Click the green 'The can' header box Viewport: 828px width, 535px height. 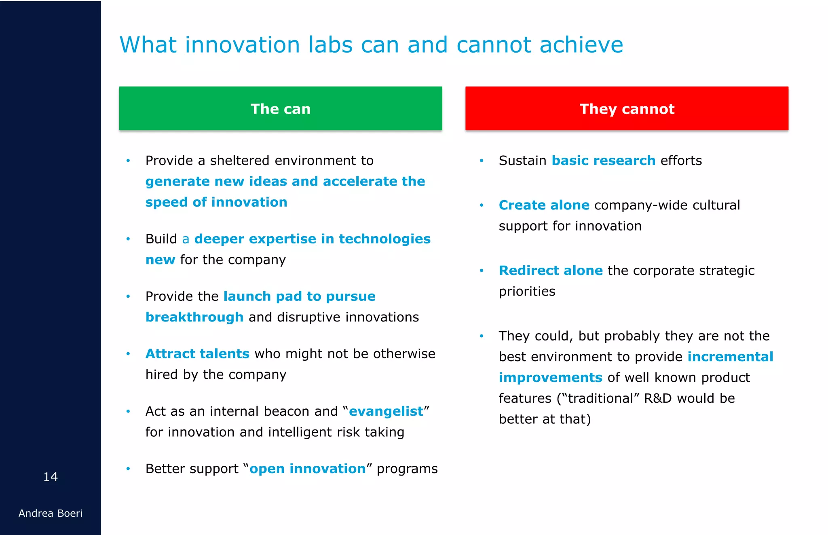tap(280, 108)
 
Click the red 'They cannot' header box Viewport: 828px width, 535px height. tap(627, 108)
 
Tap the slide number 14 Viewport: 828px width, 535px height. tap(51, 477)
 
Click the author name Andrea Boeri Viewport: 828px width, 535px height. tap(51, 513)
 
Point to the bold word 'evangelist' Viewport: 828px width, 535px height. tap(386, 411)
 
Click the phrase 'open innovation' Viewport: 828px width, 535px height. tap(307, 469)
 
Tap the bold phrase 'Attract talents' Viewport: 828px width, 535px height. tap(197, 354)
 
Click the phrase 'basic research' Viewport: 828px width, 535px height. tap(603, 161)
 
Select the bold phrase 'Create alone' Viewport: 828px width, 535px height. tap(544, 205)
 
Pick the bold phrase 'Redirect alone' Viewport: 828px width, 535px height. tap(551, 271)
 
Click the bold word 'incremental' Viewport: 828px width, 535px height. tap(730, 357)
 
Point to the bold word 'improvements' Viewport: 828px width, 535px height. tap(550, 378)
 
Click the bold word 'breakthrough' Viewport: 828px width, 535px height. tap(194, 317)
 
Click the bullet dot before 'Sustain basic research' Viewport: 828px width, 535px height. tap(482, 161)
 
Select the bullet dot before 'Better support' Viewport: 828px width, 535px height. tap(128, 469)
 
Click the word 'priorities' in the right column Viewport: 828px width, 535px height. tap(527, 291)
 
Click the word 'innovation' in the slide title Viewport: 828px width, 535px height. tap(242, 44)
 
